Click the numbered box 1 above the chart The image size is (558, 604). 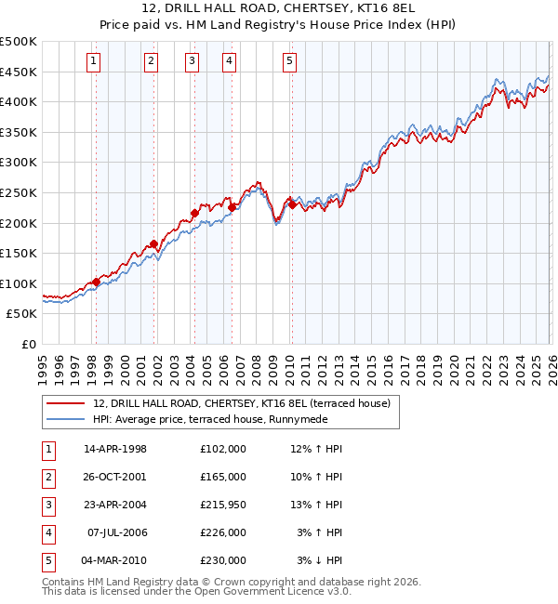pos(95,62)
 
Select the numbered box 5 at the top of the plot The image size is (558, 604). pos(290,62)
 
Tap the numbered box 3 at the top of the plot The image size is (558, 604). pos(192,62)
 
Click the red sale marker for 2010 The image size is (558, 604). pos(292,205)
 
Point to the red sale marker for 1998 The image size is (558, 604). pos(96,282)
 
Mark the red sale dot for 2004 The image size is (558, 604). pos(195,213)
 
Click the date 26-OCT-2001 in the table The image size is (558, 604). pos(115,477)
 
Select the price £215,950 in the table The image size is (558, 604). pos(222,505)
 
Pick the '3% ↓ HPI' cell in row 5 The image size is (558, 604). pos(319,560)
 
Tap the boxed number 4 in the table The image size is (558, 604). pos(46,532)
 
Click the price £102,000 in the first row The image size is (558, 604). pos(222,449)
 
